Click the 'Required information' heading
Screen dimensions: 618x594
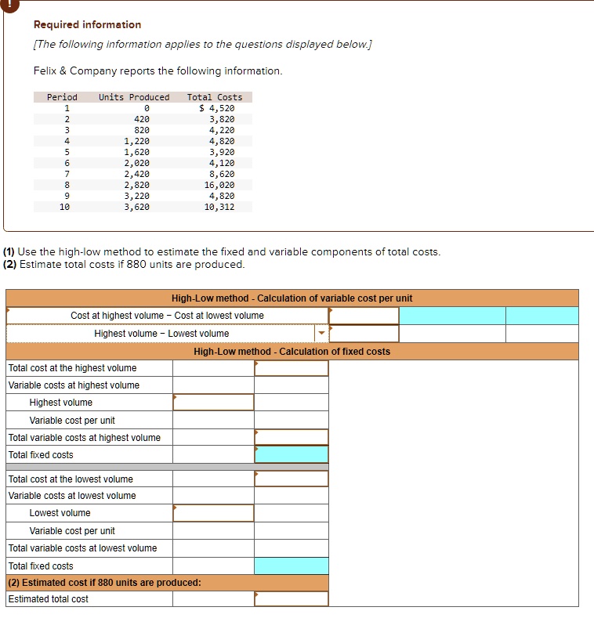click(87, 25)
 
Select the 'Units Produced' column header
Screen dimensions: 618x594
click(133, 97)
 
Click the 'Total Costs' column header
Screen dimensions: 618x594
click(215, 97)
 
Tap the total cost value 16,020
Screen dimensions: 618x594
click(219, 185)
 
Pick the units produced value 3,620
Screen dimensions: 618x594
click(136, 207)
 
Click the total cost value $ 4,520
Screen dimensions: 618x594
click(216, 108)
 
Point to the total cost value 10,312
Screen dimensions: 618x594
click(219, 207)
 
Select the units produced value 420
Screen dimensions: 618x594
click(142, 119)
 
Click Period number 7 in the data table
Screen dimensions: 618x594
click(67, 174)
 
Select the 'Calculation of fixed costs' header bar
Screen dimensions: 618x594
click(292, 352)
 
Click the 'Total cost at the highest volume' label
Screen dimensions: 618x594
click(72, 368)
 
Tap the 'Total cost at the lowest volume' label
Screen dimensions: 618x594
click(71, 479)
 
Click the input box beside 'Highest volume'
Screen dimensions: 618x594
click(213, 403)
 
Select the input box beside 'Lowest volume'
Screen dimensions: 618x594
click(213, 513)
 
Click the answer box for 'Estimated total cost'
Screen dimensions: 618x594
click(291, 599)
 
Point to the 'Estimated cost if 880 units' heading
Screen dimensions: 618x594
click(104, 583)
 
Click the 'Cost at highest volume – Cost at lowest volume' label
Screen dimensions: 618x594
click(167, 316)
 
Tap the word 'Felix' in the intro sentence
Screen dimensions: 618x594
click(45, 71)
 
